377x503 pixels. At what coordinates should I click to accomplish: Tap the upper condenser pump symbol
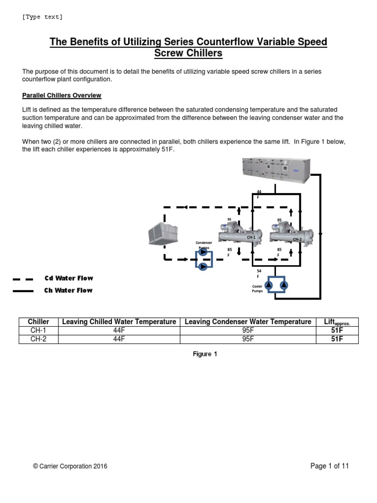click(x=202, y=253)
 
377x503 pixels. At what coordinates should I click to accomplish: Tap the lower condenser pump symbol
click(x=202, y=266)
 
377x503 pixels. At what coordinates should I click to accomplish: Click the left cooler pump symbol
click(x=270, y=285)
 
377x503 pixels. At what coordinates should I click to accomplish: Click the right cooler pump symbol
click(x=283, y=285)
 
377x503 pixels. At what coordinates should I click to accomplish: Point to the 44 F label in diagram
click(x=259, y=194)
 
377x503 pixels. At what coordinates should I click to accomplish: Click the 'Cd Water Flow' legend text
click(x=69, y=279)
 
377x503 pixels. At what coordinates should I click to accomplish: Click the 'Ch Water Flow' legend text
click(x=69, y=290)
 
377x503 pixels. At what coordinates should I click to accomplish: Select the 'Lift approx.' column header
click(x=337, y=322)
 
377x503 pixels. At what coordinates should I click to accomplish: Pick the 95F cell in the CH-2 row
click(x=247, y=339)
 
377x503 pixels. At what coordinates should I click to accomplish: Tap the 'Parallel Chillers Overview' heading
click(x=62, y=95)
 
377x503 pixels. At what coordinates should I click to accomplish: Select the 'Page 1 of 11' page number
click(x=329, y=466)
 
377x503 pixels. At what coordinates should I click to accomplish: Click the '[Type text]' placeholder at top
click(x=43, y=17)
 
